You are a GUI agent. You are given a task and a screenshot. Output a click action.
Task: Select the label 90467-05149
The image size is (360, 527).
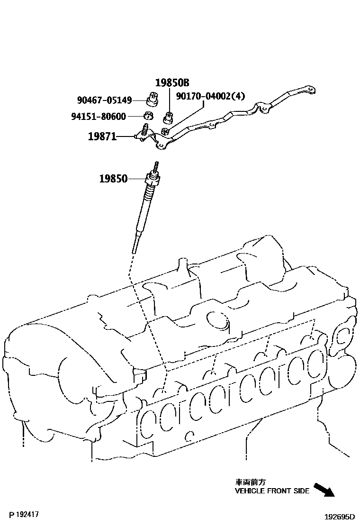click(104, 100)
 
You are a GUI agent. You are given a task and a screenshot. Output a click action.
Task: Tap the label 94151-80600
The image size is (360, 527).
click(104, 116)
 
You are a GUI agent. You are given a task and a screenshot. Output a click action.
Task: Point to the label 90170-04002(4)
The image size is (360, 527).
click(211, 96)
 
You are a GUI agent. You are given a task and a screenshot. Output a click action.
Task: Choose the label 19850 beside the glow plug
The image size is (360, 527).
click(113, 179)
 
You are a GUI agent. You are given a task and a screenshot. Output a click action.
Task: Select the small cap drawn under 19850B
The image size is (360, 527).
click(168, 115)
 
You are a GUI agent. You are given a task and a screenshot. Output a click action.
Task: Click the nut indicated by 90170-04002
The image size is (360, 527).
click(165, 131)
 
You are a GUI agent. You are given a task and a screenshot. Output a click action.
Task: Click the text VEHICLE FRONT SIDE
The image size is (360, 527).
click(272, 491)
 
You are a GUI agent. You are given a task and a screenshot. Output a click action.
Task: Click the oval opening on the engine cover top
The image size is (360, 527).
click(218, 320)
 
